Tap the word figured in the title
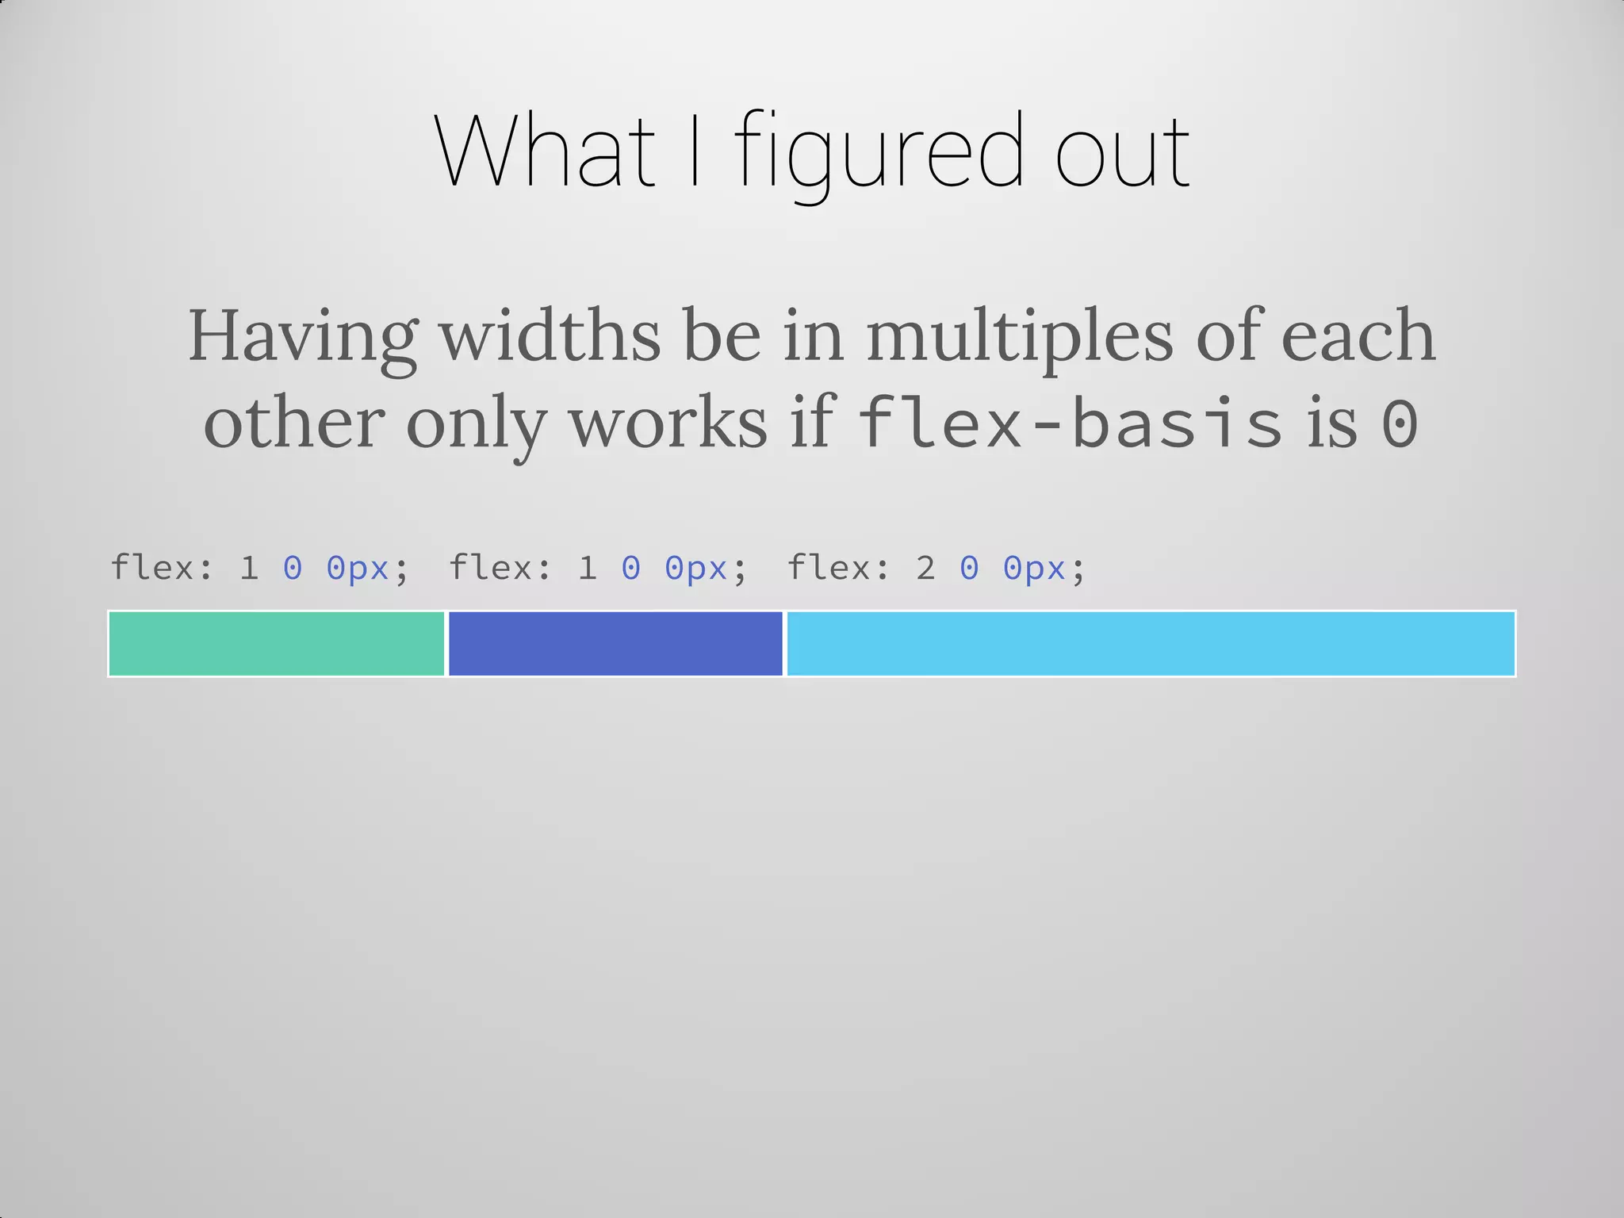pyautogui.click(x=879, y=155)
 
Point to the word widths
pyautogui.click(x=550, y=336)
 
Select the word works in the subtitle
pyautogui.click(x=668, y=424)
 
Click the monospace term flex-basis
pyautogui.click(x=1070, y=424)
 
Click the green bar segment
pyautogui.click(x=276, y=644)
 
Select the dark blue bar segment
pyautogui.click(x=615, y=644)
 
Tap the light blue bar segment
pyautogui.click(x=1150, y=644)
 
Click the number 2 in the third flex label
pyautogui.click(x=925, y=569)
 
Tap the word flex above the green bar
pyautogui.click(x=153, y=568)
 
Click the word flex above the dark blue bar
pyautogui.click(x=492, y=568)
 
